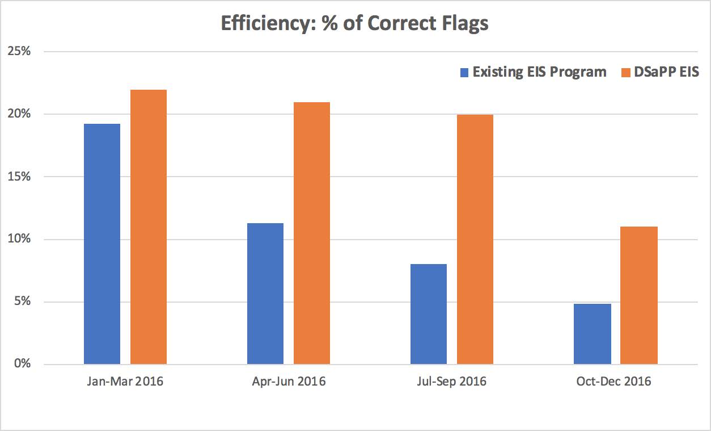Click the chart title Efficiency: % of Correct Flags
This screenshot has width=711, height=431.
[355, 24]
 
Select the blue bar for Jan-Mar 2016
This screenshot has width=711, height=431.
[102, 244]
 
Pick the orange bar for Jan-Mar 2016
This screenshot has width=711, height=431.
[149, 227]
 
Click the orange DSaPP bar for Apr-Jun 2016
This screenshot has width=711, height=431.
[312, 233]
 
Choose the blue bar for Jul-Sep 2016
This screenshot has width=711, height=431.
[429, 314]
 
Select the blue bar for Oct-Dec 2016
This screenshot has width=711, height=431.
[592, 334]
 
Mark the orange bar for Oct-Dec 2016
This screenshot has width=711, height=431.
[639, 295]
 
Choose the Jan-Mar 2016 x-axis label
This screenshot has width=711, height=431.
[126, 381]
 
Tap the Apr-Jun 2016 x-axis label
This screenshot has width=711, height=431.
[289, 381]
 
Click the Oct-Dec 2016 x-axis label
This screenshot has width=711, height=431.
[614, 381]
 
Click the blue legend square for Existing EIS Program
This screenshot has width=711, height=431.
[465, 73]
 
